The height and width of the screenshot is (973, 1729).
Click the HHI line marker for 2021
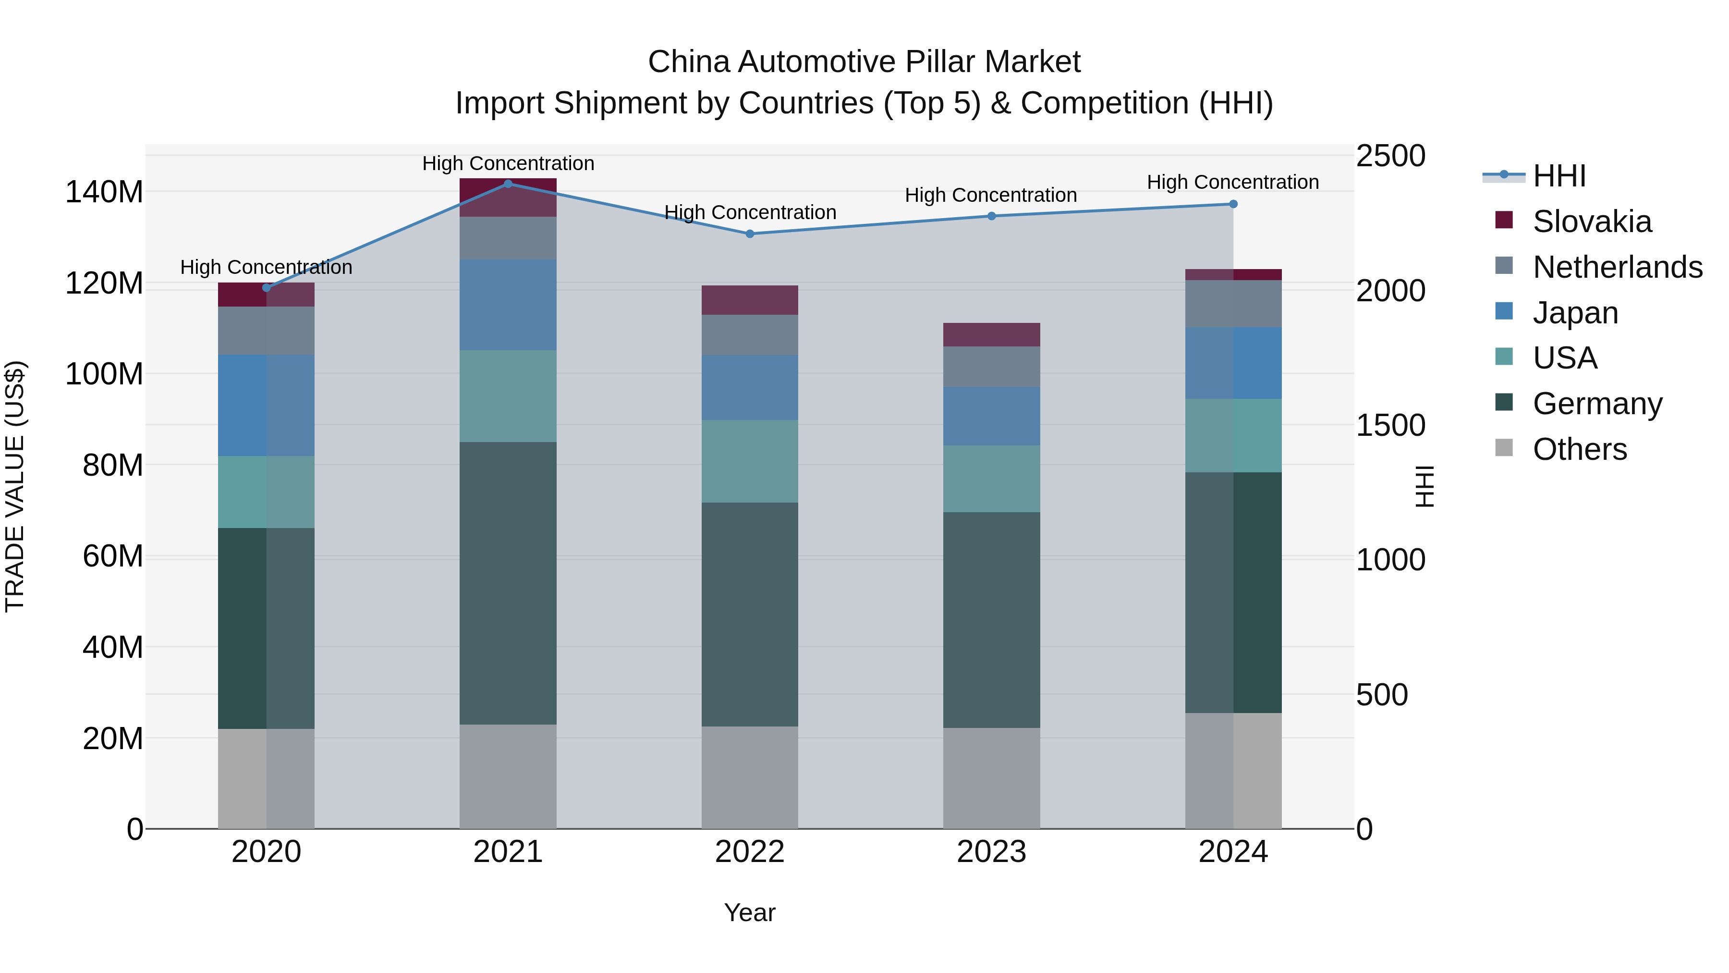click(x=508, y=184)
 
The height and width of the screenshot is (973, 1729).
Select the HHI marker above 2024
click(x=1233, y=204)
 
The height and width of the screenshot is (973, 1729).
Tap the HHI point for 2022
click(x=750, y=234)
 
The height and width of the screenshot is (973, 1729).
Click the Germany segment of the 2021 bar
click(x=508, y=583)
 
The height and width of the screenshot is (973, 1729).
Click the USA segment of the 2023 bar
click(x=991, y=478)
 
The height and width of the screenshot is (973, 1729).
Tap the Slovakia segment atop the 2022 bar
click(x=750, y=300)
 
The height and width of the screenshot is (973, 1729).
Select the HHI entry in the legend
click(x=1559, y=176)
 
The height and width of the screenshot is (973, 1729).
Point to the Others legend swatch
click(x=1504, y=448)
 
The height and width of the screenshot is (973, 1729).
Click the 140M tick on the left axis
click(x=104, y=193)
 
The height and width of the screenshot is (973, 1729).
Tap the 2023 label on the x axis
click(x=991, y=852)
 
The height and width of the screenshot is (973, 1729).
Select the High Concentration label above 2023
click(x=991, y=196)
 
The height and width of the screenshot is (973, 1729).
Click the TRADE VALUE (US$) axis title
click(x=15, y=486)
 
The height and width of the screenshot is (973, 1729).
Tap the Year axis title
click(x=750, y=912)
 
